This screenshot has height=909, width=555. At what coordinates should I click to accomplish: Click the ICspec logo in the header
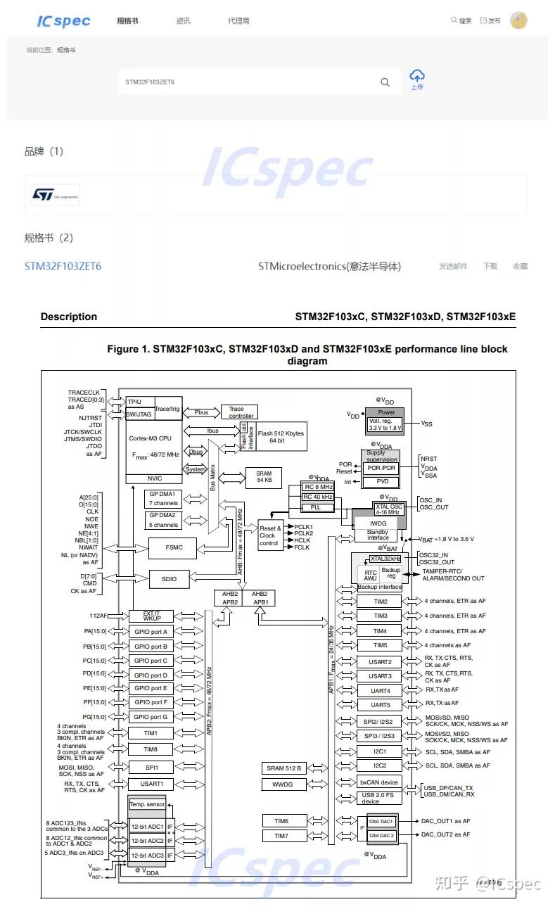pyautogui.click(x=63, y=20)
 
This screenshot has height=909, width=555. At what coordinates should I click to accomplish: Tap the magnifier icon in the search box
pyautogui.click(x=385, y=82)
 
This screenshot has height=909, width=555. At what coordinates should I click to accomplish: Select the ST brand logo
pyautogui.click(x=56, y=194)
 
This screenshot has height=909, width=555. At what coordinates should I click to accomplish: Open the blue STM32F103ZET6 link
pyautogui.click(x=63, y=267)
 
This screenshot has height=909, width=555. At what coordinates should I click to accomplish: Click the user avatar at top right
pyautogui.click(x=518, y=20)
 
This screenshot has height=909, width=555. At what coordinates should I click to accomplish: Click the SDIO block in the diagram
pyautogui.click(x=170, y=579)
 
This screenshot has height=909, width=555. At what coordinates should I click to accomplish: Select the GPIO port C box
pyautogui.click(x=151, y=661)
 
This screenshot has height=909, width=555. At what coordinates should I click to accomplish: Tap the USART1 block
pyautogui.click(x=151, y=784)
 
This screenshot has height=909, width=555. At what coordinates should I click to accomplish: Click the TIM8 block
pyautogui.click(x=151, y=749)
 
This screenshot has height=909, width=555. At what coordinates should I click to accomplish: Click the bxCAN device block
pyautogui.click(x=379, y=782)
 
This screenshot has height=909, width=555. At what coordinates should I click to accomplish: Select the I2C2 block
pyautogui.click(x=379, y=765)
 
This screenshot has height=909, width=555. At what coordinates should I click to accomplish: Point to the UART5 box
pyautogui.click(x=379, y=704)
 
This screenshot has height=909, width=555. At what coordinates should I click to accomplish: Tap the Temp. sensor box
pyautogui.click(x=146, y=804)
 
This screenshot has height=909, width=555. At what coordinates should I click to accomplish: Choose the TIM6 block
pyautogui.click(x=281, y=820)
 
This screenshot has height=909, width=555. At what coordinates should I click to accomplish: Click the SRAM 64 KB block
pyautogui.click(x=264, y=478)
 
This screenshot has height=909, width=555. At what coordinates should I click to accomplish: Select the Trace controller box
pyautogui.click(x=239, y=412)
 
